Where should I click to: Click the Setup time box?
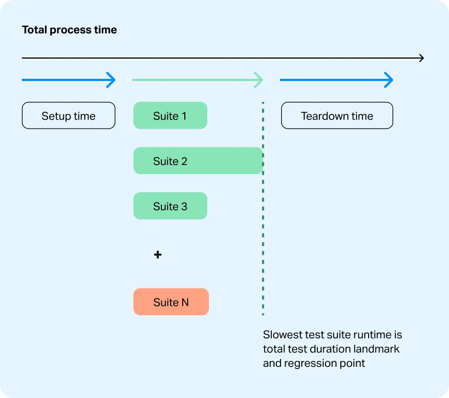tap(68, 116)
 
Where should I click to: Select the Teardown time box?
tap(337, 116)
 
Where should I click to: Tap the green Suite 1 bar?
tap(170, 116)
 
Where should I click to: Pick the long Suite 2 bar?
tap(198, 161)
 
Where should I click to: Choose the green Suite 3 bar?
tap(170, 206)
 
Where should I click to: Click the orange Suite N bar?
tap(171, 302)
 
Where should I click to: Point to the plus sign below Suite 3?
tap(158, 255)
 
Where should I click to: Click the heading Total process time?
tap(69, 30)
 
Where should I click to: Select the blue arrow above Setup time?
tap(68, 80)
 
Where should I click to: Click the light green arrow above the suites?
tap(197, 80)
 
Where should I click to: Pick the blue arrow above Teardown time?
tap(336, 80)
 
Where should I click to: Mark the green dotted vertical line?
tap(263, 219)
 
